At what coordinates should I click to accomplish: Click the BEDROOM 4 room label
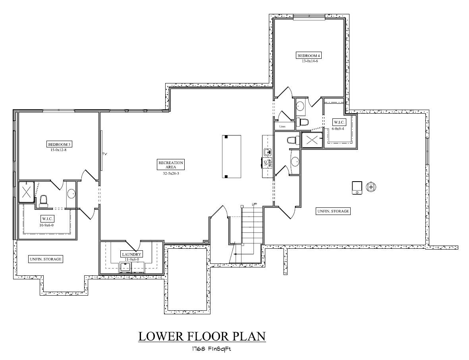point(308,55)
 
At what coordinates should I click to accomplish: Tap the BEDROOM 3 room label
point(59,144)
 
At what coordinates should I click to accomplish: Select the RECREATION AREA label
point(170,165)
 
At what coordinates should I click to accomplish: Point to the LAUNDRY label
point(131,254)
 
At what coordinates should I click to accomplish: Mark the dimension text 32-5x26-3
point(170,173)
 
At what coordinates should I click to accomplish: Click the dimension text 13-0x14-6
point(308,61)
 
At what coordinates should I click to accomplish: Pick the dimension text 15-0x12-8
point(59,150)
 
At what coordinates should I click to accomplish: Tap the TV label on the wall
point(105,154)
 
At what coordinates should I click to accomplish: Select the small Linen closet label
point(282,126)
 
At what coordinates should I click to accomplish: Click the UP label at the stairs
point(254,204)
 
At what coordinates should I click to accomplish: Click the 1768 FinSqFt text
point(211,349)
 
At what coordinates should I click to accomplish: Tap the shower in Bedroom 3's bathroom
point(26,193)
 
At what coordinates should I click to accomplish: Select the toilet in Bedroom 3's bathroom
point(44,200)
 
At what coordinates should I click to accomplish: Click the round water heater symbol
point(371,186)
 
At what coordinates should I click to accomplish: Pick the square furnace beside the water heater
point(357,188)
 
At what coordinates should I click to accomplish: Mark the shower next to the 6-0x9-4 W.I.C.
point(312,140)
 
